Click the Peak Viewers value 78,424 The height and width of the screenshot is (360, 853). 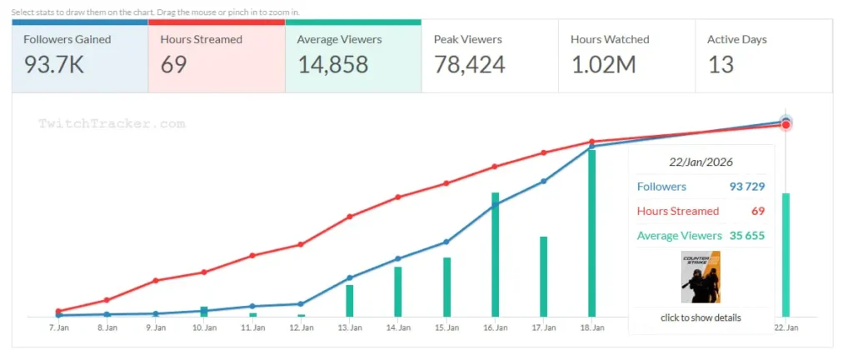470,65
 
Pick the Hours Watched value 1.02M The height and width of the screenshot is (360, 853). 604,65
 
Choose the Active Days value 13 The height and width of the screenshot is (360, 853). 721,65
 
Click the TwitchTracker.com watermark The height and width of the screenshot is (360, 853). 112,123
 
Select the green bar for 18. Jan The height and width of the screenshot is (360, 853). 591,233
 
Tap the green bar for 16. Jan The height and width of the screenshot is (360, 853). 495,254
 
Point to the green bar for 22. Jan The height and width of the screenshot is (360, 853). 786,254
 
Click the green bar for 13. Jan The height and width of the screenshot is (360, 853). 350,301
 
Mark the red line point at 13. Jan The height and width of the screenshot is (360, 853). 350,217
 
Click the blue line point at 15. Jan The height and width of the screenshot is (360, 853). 446,242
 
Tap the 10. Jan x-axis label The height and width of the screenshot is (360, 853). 204,328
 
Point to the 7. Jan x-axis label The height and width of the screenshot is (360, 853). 58,328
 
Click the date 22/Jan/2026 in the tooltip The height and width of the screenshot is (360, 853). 701,162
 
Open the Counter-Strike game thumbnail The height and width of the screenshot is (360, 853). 701,277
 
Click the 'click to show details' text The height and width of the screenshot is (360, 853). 701,317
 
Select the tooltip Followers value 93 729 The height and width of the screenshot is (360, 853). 746,187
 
